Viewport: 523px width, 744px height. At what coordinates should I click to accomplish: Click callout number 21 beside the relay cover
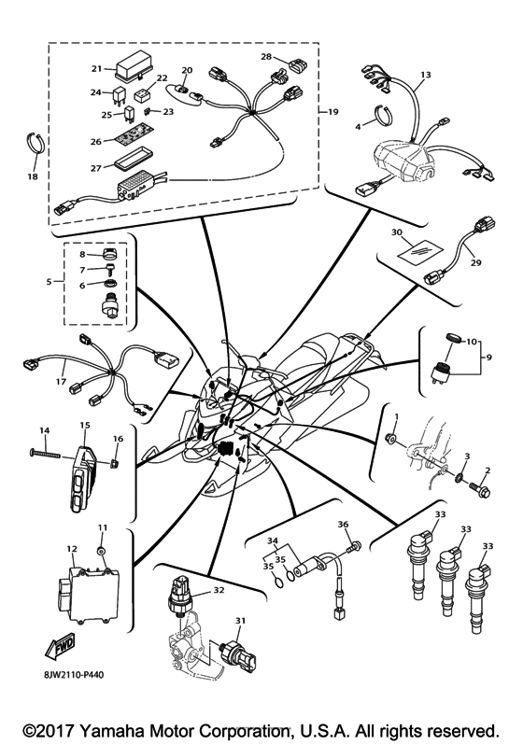click(95, 69)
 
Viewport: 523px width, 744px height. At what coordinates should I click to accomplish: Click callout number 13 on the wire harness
click(426, 74)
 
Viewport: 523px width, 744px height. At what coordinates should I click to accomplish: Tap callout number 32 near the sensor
click(219, 590)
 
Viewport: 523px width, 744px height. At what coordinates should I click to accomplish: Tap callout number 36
click(343, 525)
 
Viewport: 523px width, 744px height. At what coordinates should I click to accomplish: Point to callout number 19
click(332, 112)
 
